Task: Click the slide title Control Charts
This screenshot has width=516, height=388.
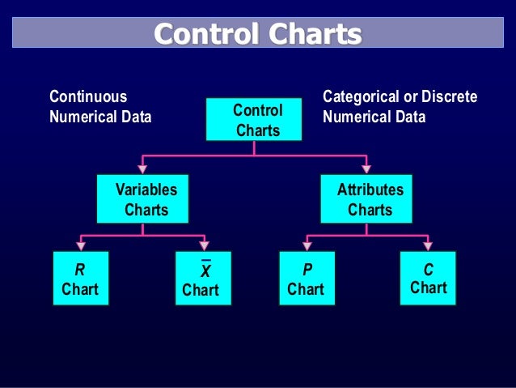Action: click(258, 34)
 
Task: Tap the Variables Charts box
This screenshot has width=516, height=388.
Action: click(142, 199)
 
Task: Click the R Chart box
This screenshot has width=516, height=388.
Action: click(80, 279)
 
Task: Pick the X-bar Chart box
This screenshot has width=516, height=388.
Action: click(203, 279)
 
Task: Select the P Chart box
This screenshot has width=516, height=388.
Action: click(307, 279)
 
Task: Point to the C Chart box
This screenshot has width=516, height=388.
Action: click(428, 278)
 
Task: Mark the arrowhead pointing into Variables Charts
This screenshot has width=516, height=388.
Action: click(142, 168)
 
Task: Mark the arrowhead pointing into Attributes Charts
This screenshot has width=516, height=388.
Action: click(366, 168)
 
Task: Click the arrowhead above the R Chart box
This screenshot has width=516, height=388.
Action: click(81, 246)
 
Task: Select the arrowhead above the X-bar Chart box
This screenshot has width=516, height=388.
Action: click(204, 246)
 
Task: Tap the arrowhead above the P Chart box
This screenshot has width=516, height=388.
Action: click(307, 246)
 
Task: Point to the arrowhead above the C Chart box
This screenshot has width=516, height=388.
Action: click(428, 246)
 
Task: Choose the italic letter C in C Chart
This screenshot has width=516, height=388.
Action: click(428, 269)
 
